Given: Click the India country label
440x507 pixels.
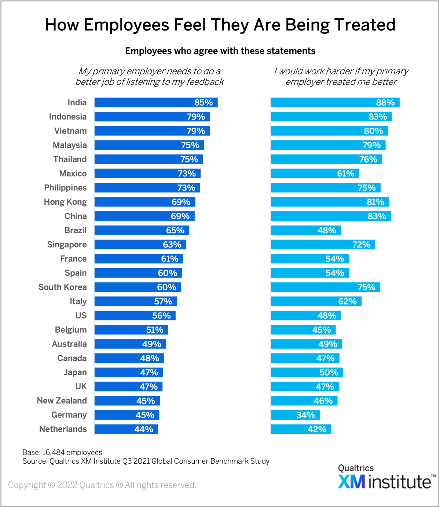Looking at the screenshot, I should pyautogui.click(x=77, y=103).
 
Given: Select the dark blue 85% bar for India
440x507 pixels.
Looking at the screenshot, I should pyautogui.click(x=156, y=103).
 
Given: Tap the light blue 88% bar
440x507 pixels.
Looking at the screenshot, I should pyautogui.click(x=335, y=103).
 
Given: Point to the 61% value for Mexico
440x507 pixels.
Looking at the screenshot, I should pyautogui.click(x=346, y=174).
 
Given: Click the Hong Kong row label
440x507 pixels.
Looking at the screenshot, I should pyautogui.click(x=65, y=202).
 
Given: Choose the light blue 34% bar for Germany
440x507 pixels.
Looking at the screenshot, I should pyautogui.click(x=295, y=415).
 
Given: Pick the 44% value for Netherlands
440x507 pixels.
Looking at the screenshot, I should pyautogui.click(x=144, y=429).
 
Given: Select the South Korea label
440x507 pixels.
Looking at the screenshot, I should pyautogui.click(x=63, y=287).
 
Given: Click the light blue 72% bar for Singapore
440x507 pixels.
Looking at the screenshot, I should pyautogui.click(x=323, y=245).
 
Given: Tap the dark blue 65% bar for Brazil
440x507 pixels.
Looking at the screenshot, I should pyautogui.click(x=142, y=230).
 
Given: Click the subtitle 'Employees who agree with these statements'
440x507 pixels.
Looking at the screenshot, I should pyautogui.click(x=220, y=51).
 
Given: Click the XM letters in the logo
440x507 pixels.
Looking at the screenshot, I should pyautogui.click(x=351, y=481).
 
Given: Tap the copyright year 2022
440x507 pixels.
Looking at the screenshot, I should pyautogui.click(x=67, y=485).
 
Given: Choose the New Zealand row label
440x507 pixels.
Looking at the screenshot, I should pyautogui.click(x=62, y=401).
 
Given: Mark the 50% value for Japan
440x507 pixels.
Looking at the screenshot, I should pyautogui.click(x=329, y=373).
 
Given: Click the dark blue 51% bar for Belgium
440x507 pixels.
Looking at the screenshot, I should pyautogui.click(x=131, y=330).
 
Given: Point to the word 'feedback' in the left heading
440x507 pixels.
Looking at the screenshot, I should pyautogui.click(x=205, y=82).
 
